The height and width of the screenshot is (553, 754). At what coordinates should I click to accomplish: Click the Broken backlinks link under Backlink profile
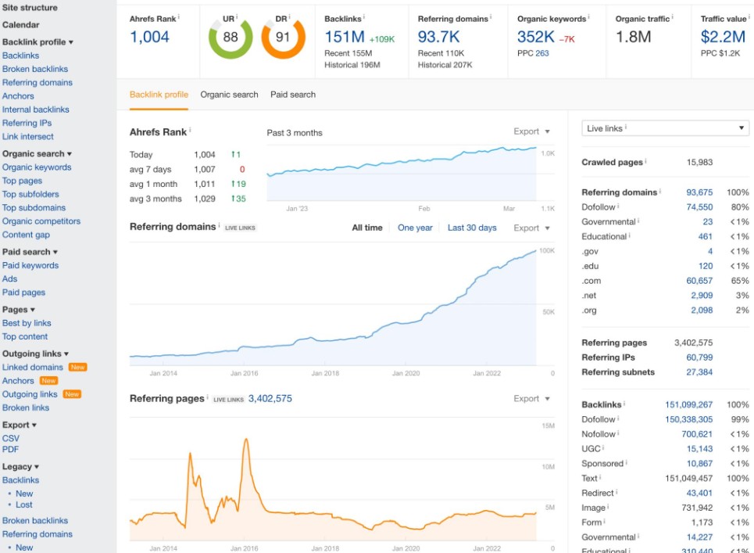pyautogui.click(x=34, y=69)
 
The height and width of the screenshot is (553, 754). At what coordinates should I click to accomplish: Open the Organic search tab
pyautogui.click(x=229, y=95)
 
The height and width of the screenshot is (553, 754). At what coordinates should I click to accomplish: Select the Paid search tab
pyautogui.click(x=293, y=95)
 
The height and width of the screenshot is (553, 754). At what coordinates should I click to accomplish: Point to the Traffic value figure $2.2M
pyautogui.click(x=723, y=37)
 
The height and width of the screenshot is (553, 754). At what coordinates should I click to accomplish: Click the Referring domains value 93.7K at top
pyautogui.click(x=438, y=37)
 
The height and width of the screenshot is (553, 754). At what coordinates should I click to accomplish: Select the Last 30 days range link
pyautogui.click(x=472, y=228)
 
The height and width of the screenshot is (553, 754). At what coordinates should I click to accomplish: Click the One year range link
pyautogui.click(x=415, y=228)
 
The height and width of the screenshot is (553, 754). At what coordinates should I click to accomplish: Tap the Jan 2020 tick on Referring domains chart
pyautogui.click(x=406, y=373)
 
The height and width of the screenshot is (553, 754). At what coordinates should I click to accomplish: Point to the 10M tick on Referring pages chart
pyautogui.click(x=549, y=467)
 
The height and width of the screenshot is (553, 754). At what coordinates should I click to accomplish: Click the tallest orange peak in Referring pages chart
pyautogui.click(x=246, y=439)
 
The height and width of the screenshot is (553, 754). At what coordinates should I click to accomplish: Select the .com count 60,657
pyautogui.click(x=699, y=281)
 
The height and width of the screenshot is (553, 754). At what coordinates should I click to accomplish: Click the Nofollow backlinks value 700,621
pyautogui.click(x=697, y=434)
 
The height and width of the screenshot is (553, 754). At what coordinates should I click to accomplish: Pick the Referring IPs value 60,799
pyautogui.click(x=699, y=357)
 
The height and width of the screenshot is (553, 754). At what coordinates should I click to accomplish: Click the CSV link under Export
pyautogui.click(x=11, y=439)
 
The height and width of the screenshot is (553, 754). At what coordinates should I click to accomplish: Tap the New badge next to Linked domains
pyautogui.click(x=77, y=367)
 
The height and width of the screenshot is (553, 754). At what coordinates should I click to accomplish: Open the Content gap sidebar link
pyautogui.click(x=26, y=235)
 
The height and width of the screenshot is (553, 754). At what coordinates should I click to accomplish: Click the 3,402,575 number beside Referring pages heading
pyautogui.click(x=270, y=398)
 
